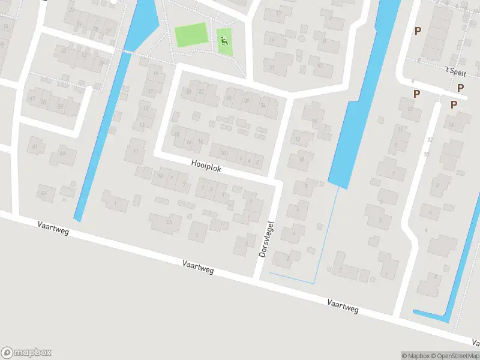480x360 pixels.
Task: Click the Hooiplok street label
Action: tap(206, 166)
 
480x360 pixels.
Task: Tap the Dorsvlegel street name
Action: tap(267, 239)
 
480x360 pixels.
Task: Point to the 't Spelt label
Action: tap(455, 70)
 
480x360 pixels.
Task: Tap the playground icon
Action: tap(224, 41)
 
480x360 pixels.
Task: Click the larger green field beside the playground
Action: tap(191, 35)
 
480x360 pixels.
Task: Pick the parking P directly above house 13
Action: tap(416, 94)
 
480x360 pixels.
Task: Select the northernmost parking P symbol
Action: tap(418, 31)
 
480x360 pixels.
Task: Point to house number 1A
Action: tap(169, 223)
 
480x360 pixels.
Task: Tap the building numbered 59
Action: tap(62, 154)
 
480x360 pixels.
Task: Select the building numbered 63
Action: tap(43, 193)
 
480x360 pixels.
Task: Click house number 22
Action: tap(202, 91)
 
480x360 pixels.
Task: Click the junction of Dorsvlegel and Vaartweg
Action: tap(257, 278)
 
